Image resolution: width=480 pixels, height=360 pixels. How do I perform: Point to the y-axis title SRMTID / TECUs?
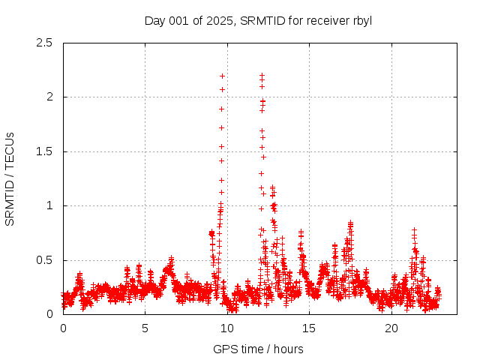[10, 178]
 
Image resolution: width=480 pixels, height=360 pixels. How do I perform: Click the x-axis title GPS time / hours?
[258, 349]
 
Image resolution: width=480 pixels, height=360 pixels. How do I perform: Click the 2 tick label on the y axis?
[49, 97]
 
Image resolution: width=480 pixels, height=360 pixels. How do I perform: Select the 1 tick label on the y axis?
[49, 205]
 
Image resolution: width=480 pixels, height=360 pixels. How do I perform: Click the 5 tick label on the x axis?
[145, 328]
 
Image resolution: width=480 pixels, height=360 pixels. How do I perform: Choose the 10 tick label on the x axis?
[227, 328]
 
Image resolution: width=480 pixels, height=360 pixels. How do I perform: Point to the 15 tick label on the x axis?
[310, 328]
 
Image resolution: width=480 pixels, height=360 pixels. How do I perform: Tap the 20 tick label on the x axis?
[391, 328]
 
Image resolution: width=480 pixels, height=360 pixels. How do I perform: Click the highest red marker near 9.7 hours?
[222, 76]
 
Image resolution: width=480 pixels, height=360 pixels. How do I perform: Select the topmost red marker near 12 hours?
[262, 75]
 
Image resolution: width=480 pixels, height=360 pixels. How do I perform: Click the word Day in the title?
[155, 21]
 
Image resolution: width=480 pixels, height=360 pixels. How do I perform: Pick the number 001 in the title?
[180, 21]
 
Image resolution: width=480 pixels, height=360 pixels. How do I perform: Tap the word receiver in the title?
[321, 21]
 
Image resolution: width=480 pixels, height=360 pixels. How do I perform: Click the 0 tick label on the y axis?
[49, 314]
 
